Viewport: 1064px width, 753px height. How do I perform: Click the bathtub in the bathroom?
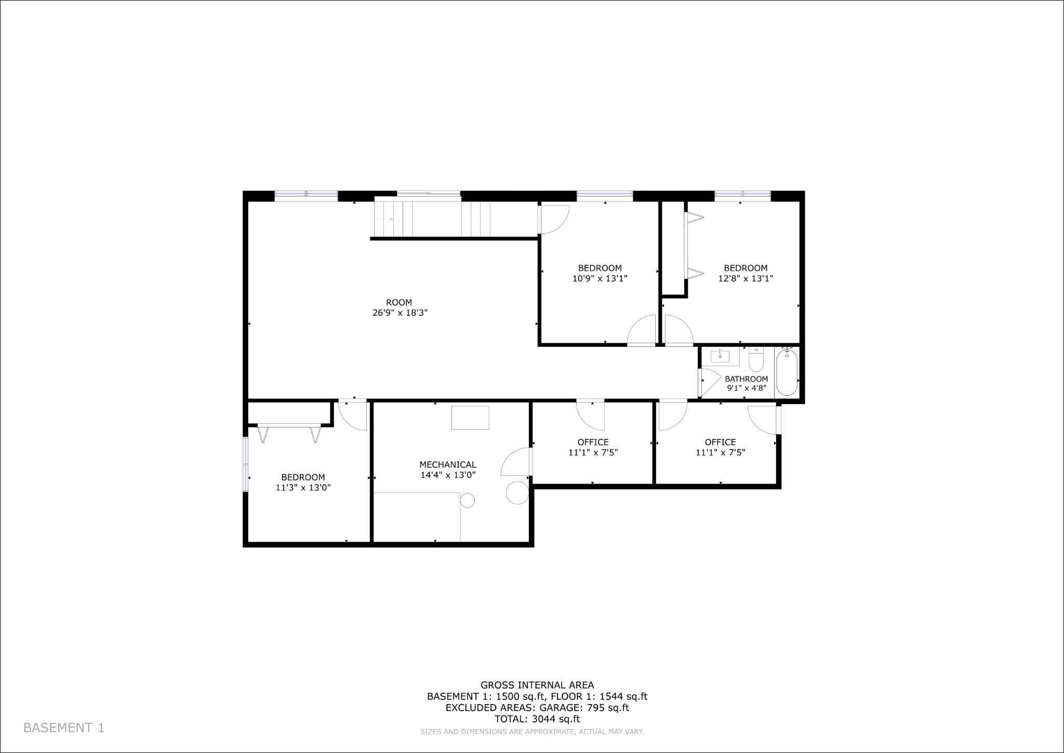[787, 373]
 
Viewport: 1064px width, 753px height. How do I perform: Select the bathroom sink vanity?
[720, 357]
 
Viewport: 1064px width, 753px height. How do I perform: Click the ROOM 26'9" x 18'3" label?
[399, 308]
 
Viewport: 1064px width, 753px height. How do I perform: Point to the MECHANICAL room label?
[447, 465]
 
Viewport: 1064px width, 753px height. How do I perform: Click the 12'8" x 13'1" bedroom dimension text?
[746, 279]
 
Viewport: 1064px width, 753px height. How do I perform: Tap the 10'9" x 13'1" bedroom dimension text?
[600, 279]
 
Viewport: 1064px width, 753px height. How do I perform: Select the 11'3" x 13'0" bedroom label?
[303, 483]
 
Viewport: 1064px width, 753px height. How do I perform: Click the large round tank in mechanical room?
[517, 492]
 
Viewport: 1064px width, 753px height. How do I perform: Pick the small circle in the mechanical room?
[468, 500]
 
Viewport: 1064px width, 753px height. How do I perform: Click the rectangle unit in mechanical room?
[470, 418]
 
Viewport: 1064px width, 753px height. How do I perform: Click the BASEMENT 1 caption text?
[64, 728]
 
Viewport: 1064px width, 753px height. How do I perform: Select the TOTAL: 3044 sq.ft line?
[537, 719]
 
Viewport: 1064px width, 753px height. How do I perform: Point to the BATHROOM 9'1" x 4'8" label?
[746, 383]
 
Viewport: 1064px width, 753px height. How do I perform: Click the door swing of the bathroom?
[710, 381]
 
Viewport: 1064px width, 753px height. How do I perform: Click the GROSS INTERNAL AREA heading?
[537, 685]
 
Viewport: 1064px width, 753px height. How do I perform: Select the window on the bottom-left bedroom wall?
[246, 464]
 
